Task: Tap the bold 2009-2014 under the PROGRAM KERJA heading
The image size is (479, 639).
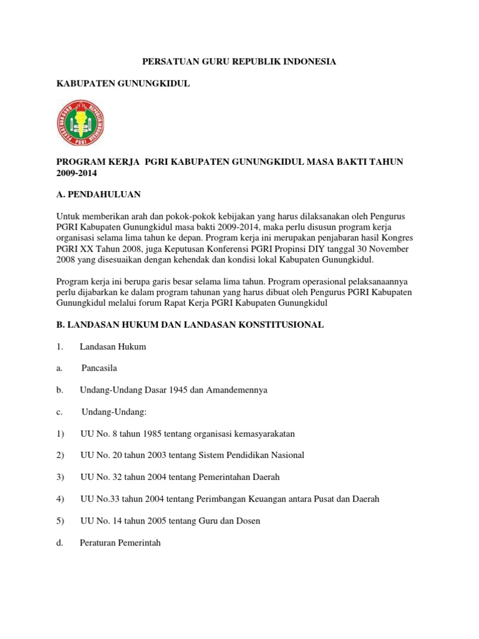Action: pyautogui.click(x=77, y=173)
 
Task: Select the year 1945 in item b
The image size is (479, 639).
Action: pyautogui.click(x=175, y=390)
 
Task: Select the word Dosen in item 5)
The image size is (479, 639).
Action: pyautogui.click(x=246, y=521)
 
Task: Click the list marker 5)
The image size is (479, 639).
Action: pyautogui.click(x=60, y=521)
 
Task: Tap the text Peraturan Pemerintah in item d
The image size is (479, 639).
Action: pyautogui.click(x=120, y=543)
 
